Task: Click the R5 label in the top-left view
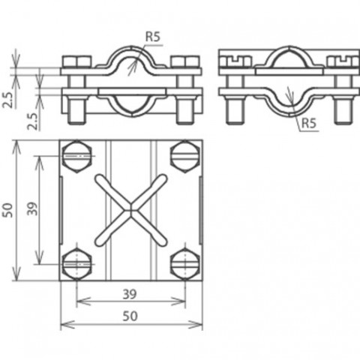pos(152,37)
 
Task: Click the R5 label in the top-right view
pos(309,123)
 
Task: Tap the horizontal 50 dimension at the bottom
pos(130,316)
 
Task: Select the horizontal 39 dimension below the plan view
pos(130,294)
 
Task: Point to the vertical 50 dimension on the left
pos(7,210)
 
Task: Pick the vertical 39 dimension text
pos(32,208)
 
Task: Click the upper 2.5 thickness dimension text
pos(8,100)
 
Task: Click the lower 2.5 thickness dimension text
pos(33,121)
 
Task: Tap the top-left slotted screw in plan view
pos(76,157)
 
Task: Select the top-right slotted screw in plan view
pos(185,157)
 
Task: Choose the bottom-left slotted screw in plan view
pos(76,264)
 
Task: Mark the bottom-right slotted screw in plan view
pos(185,264)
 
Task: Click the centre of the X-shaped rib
pos(130,210)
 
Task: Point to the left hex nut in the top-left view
pos(76,61)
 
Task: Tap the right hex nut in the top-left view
pos(185,61)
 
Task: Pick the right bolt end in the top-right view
pos(343,110)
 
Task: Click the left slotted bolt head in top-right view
pos(235,62)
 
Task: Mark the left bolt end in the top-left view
pos(76,110)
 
